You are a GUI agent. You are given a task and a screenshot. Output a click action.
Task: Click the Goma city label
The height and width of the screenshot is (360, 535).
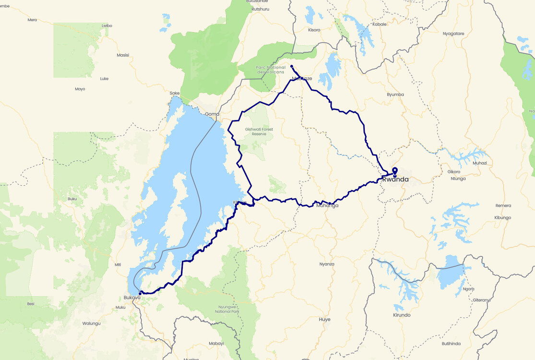click(x=212, y=114)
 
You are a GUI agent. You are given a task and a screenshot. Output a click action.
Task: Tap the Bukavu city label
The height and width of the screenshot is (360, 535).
click(x=131, y=298)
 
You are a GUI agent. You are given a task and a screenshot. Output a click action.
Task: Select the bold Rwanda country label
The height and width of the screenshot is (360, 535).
click(x=395, y=180)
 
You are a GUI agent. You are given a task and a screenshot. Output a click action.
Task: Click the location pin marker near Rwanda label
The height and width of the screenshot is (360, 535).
click(x=395, y=171)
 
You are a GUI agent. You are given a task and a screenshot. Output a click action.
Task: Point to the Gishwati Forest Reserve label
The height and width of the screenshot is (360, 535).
click(x=255, y=132)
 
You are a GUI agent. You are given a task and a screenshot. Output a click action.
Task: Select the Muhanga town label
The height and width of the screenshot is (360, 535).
click(x=328, y=205)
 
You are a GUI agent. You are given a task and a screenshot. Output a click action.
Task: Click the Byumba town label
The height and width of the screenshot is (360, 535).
click(x=395, y=95)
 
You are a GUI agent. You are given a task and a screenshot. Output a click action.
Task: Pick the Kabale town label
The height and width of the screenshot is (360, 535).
click(x=379, y=24)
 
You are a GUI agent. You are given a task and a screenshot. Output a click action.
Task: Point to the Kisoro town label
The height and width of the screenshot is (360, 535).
click(x=313, y=30)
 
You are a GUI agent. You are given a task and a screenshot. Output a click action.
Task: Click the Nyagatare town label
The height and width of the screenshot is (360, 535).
click(x=453, y=34)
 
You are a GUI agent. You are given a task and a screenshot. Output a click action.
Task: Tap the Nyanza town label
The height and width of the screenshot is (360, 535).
click(x=327, y=264)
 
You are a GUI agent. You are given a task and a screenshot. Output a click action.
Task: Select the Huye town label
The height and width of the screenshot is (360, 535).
click(x=324, y=319)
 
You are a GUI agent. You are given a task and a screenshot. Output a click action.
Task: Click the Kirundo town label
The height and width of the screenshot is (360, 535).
click(x=402, y=315)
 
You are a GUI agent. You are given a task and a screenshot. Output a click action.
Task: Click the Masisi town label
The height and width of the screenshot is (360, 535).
click(x=123, y=55)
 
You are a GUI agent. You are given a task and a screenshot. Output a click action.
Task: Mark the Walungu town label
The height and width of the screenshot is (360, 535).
click(x=91, y=324)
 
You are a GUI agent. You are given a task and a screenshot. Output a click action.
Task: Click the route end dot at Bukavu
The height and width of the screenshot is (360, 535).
click(x=140, y=293)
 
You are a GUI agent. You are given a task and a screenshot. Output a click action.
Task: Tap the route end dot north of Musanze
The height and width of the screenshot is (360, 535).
click(x=292, y=67)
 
